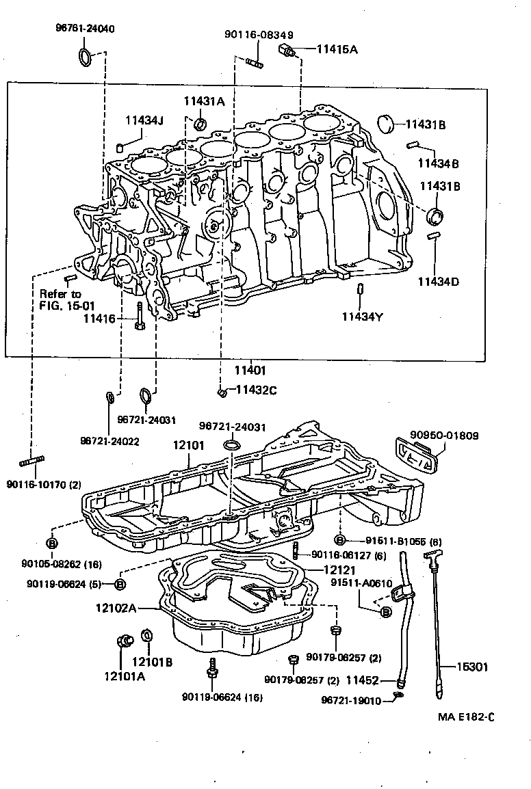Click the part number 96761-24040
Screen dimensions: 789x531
[x=85, y=29]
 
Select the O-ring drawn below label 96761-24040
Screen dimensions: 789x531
[x=86, y=57]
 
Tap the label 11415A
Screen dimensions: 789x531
[x=336, y=49]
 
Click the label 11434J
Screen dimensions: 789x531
[x=144, y=121]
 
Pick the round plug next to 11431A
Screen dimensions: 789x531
[x=200, y=124]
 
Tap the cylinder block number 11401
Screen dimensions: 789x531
[x=250, y=370]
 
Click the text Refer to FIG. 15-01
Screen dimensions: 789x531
[x=60, y=299]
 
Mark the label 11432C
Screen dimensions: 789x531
[x=256, y=390]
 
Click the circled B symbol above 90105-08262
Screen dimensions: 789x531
[x=51, y=544]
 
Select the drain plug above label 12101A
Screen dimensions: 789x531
[x=124, y=641]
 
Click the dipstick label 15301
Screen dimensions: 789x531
[x=474, y=667]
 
